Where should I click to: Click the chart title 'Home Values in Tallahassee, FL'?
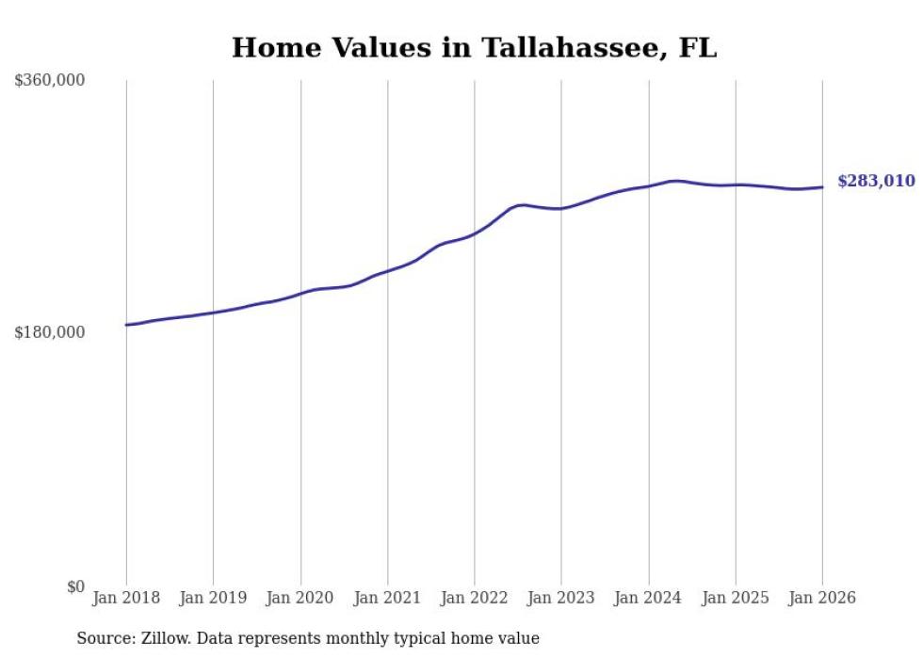474,48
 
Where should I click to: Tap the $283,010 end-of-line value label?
876,181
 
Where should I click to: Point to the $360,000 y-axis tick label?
50,81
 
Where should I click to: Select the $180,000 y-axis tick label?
50,332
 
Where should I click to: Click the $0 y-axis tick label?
75,586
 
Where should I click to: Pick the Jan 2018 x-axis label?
126,599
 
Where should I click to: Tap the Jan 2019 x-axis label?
213,599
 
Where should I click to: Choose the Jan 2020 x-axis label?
300,599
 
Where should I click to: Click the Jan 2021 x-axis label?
387,599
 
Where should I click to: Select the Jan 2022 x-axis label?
475,599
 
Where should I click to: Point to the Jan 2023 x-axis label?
561,599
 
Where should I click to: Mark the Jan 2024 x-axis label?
649,599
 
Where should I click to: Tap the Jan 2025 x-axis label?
736,599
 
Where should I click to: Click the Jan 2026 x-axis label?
822,599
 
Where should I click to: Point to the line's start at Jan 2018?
126,325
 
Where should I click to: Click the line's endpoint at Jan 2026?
822,187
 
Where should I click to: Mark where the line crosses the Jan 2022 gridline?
475,233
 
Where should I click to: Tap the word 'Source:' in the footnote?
105,639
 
